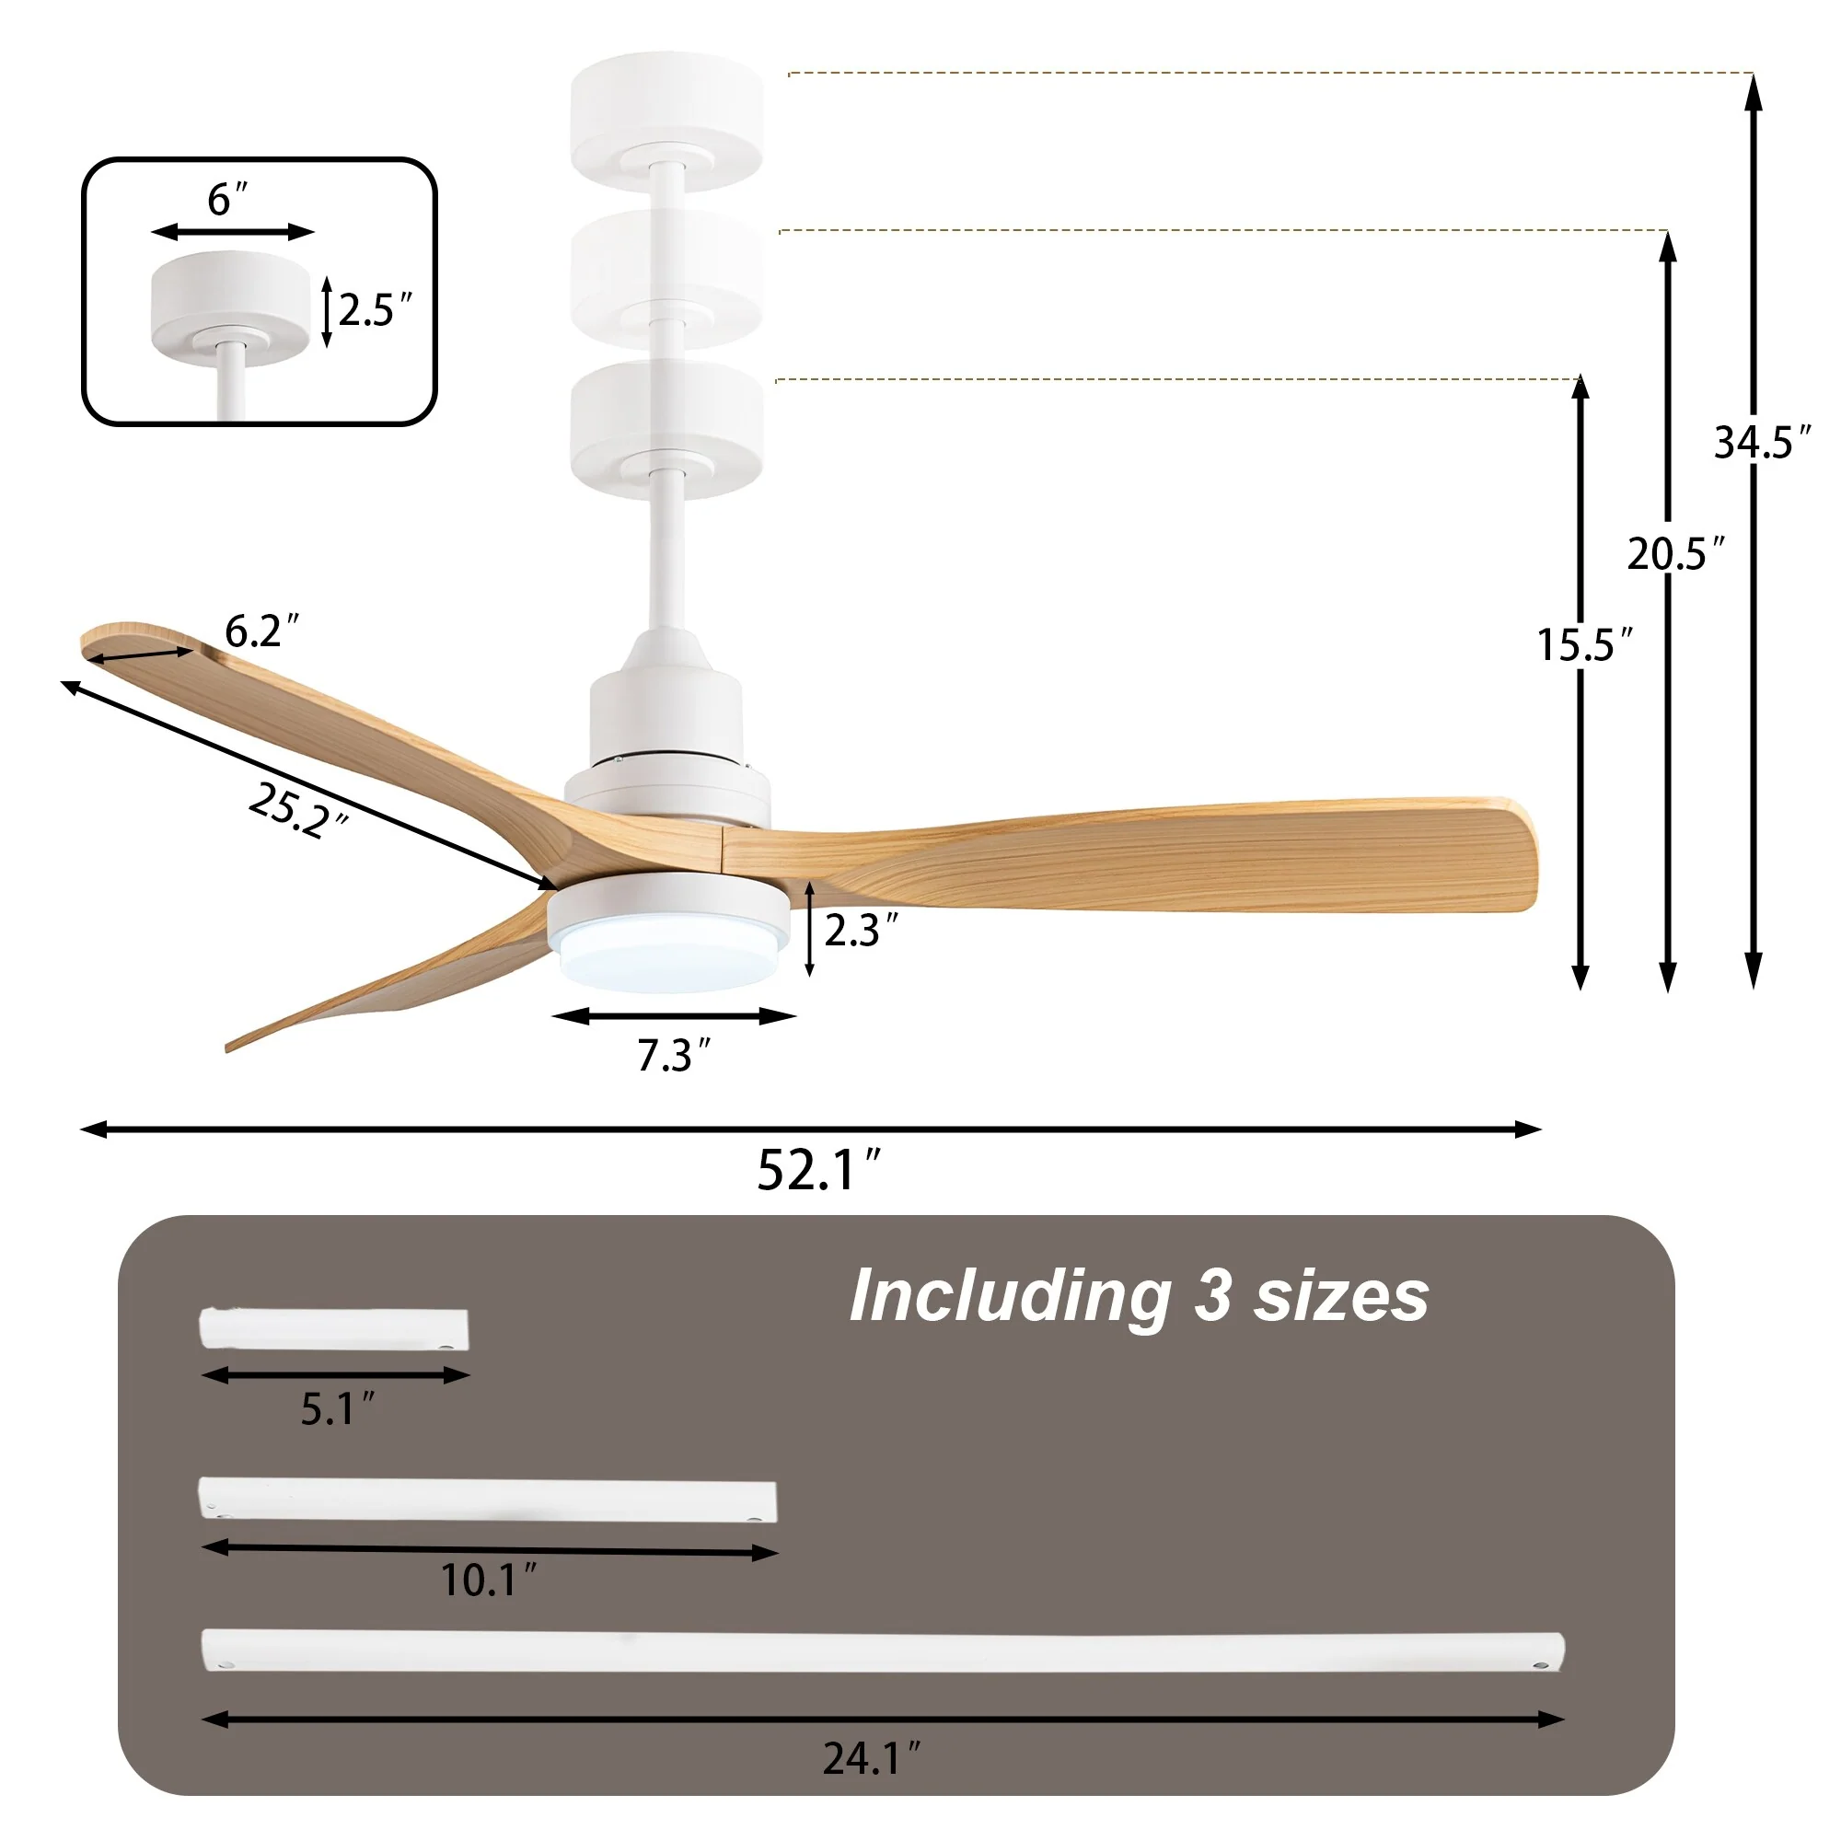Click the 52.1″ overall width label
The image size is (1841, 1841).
818,1169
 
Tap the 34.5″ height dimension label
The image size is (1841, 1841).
1762,442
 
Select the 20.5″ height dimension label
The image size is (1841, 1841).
1675,553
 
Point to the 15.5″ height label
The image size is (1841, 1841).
1585,645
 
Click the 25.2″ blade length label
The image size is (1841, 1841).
297,810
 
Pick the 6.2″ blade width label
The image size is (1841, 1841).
261,631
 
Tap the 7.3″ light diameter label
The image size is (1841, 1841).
674,1056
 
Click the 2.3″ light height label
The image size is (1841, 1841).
861,930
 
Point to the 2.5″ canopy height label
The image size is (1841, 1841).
375,310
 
